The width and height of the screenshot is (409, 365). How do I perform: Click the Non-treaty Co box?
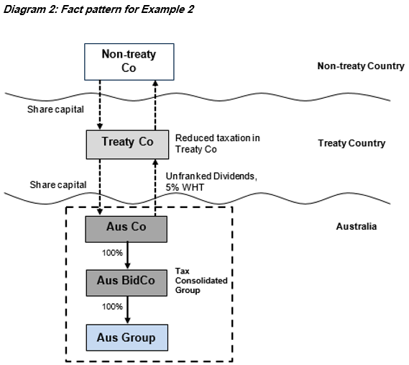[x=129, y=62]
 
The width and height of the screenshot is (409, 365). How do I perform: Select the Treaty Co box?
[x=127, y=145]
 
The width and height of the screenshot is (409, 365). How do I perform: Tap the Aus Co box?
[x=127, y=229]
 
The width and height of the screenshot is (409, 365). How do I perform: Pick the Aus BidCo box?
[x=127, y=283]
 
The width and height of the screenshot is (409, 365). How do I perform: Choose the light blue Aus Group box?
[x=127, y=338]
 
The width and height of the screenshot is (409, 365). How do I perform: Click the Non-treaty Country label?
[x=361, y=66]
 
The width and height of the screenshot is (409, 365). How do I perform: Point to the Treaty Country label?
[x=351, y=143]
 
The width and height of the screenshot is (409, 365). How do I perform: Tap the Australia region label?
[x=357, y=226]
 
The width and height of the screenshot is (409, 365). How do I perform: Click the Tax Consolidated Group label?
[x=201, y=281]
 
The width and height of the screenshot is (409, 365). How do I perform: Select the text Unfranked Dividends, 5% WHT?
[x=211, y=181]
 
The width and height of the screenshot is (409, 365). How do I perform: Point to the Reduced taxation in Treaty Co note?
[x=217, y=143]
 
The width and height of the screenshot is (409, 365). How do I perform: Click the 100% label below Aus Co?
[x=112, y=253]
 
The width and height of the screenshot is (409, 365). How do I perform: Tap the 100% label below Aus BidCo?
[x=112, y=307]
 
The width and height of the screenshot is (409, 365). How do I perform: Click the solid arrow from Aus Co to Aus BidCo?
[x=127, y=256]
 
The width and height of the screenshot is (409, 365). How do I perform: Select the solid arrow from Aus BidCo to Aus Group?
[x=127, y=310]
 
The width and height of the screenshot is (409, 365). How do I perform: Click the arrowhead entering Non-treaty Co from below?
[x=155, y=83]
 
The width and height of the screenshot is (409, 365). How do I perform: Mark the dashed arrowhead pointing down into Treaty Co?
[x=100, y=127]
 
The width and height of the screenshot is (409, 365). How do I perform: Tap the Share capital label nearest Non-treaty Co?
[x=55, y=109]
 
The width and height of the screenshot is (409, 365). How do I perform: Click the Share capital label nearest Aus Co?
[x=58, y=185]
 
